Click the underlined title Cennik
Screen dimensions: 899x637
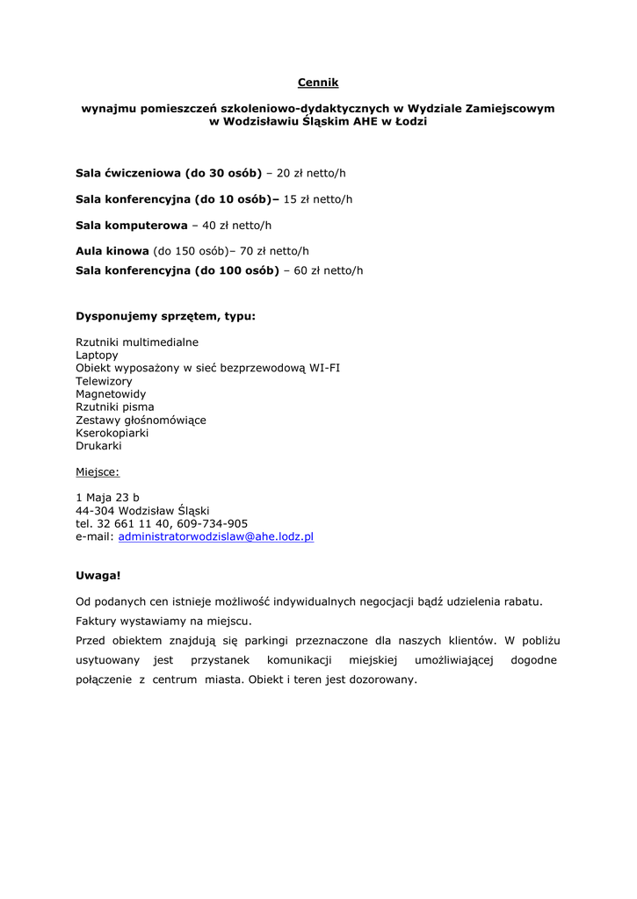pos(317,83)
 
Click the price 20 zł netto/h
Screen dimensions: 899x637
pos(311,173)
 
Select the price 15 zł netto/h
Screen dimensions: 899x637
pos(317,199)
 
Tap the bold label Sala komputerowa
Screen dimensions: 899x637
pos(132,225)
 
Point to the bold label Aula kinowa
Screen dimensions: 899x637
pos(112,251)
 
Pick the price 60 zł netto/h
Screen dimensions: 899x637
pos(328,270)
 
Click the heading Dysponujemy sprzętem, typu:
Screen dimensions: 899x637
pos(166,315)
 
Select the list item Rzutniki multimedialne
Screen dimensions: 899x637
pos(137,342)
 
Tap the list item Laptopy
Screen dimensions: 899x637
pos(97,355)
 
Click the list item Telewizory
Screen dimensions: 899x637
pos(104,381)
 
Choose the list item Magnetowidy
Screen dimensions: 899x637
pos(111,394)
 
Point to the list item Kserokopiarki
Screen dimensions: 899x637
pos(112,433)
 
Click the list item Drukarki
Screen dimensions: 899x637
pos(98,446)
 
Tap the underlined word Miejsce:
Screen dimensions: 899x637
pos(98,471)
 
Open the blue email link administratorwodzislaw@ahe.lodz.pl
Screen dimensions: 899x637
pos(216,536)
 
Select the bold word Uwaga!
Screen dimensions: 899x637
pos(98,576)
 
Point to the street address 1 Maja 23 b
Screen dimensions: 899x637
pos(107,497)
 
